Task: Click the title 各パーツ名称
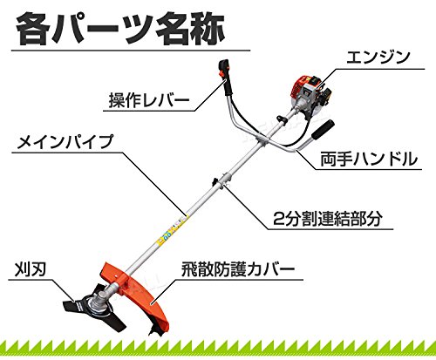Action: coord(120,28)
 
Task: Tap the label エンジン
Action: coord(378,58)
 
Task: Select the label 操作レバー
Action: coord(149,100)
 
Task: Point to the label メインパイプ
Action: coord(65,142)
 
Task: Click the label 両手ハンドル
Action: coord(369,160)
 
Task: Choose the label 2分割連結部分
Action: coord(327,219)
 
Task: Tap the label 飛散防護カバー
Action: coord(238,269)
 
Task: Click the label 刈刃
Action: coord(31,269)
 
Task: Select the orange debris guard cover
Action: coord(137,294)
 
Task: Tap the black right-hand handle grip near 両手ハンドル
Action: coord(323,130)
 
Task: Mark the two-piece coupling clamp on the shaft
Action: coord(221,182)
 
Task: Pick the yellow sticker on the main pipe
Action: coord(171,229)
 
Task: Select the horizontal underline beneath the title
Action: coord(131,51)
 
